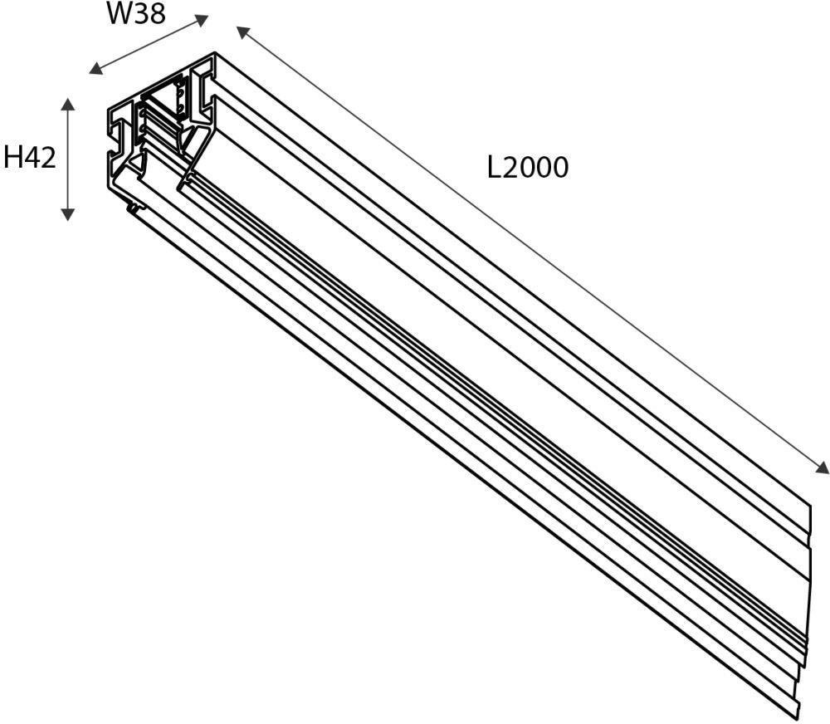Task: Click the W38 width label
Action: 136,15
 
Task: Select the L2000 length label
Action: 528,168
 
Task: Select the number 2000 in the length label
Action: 537,168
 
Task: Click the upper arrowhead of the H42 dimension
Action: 68,104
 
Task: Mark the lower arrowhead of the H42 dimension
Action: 68,214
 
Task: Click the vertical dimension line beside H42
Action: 68,158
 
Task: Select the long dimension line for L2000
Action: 531,249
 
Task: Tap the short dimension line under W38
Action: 149,45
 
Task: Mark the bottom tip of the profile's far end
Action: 797,716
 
